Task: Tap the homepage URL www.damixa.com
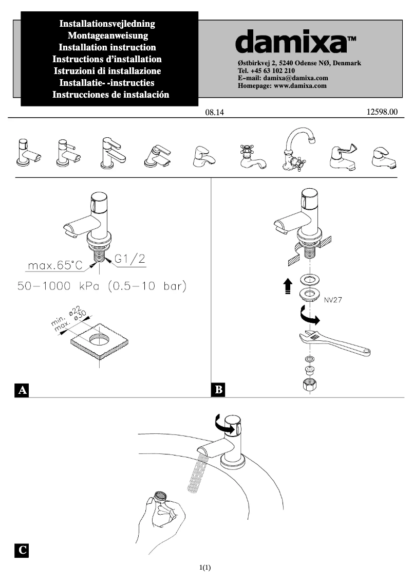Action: pyautogui.click(x=300, y=86)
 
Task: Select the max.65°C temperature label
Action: pyautogui.click(x=55, y=266)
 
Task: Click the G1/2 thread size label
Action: pyautogui.click(x=129, y=260)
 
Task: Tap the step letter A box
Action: pyautogui.click(x=22, y=390)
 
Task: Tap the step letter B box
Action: pyautogui.click(x=218, y=390)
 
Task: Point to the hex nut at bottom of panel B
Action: pyautogui.click(x=307, y=386)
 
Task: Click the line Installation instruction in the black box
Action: pyautogui.click(x=107, y=47)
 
